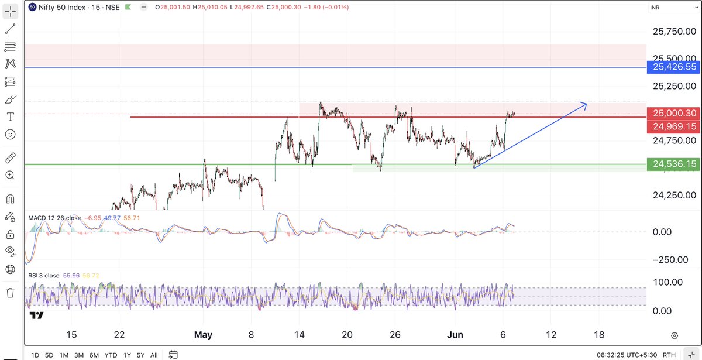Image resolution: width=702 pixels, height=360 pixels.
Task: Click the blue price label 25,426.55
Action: pyautogui.click(x=674, y=67)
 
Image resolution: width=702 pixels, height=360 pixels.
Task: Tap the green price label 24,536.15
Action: pyautogui.click(x=674, y=164)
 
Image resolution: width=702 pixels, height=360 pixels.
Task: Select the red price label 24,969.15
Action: pyautogui.click(x=674, y=126)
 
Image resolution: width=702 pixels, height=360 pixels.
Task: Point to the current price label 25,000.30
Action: pyautogui.click(x=674, y=113)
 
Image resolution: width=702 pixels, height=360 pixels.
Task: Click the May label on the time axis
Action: pyautogui.click(x=203, y=335)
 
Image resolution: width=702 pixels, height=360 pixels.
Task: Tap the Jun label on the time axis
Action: pyautogui.click(x=455, y=335)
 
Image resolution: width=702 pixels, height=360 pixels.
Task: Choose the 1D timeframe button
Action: pyautogui.click(x=35, y=355)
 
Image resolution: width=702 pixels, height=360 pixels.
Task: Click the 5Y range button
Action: pyautogui.click(x=140, y=355)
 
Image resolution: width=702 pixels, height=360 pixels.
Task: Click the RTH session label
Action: pyautogui.click(x=670, y=355)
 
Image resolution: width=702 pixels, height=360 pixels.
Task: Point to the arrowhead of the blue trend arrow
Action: pyautogui.click(x=586, y=104)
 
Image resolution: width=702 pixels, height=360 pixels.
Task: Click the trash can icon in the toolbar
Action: pyautogui.click(x=10, y=292)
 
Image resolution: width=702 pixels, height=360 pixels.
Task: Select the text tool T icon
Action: pyautogui.click(x=10, y=117)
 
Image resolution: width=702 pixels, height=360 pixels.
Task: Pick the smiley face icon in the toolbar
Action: pyautogui.click(x=10, y=135)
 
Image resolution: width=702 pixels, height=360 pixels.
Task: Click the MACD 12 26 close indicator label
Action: pyautogui.click(x=55, y=218)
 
